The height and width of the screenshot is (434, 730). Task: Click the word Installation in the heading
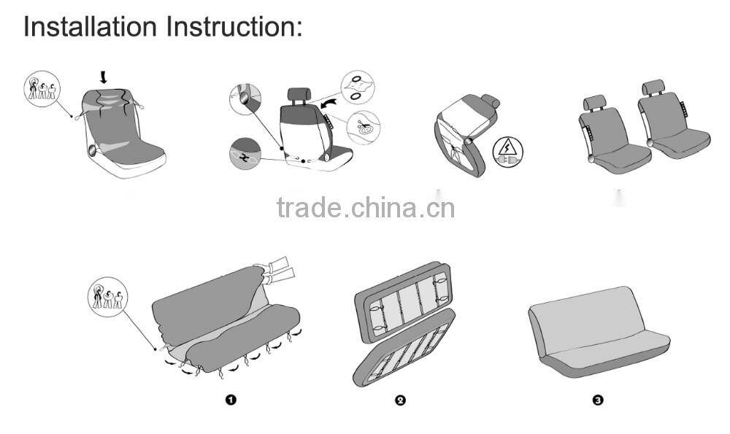point(90,26)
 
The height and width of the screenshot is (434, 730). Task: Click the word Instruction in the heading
point(234,26)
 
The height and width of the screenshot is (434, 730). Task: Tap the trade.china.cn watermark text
point(366,208)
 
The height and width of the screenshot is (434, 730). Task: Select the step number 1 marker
point(231,400)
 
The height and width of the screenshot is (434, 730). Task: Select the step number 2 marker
point(400,400)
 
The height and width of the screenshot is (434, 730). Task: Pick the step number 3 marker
point(598,400)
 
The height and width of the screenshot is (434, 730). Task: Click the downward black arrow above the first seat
point(103,76)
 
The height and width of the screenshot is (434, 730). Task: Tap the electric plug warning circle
point(508,152)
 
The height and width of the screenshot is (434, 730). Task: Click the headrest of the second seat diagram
point(299,94)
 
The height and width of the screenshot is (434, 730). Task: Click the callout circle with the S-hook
point(245,154)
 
